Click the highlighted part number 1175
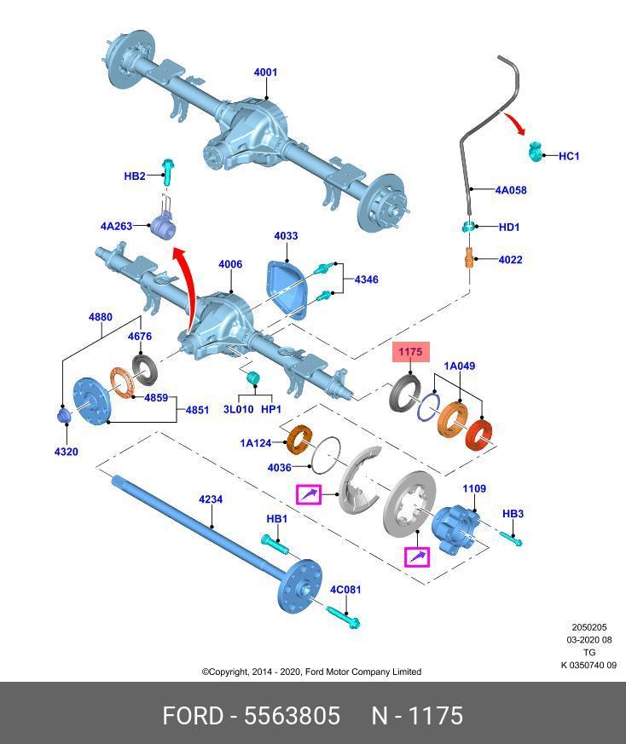tap(410, 352)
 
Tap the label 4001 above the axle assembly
tap(265, 72)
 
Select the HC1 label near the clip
tap(569, 156)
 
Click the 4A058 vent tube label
tap(511, 190)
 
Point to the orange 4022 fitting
tap(469, 258)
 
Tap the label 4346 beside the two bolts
tap(366, 280)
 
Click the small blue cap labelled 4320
tap(64, 415)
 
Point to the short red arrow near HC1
tap(515, 124)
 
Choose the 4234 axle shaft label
tap(211, 499)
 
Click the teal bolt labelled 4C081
tap(344, 617)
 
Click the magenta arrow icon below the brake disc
tap(416, 557)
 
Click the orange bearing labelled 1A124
tap(299, 441)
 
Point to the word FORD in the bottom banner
tap(193, 716)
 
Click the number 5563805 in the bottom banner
tap(292, 716)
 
